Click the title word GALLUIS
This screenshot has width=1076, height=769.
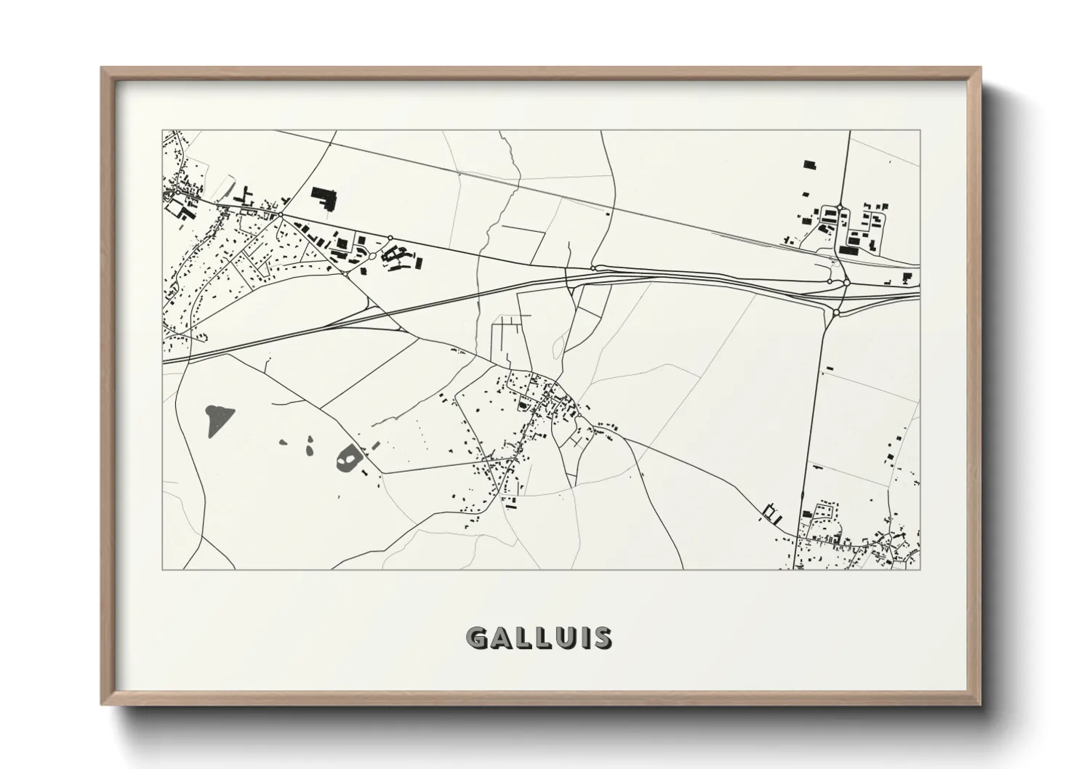[x=539, y=638]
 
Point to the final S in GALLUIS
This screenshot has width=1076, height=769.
[x=602, y=638]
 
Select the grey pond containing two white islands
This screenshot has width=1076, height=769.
[x=349, y=458]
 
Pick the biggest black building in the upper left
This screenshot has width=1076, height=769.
[x=324, y=198]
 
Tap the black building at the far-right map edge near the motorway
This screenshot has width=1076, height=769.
[x=907, y=277]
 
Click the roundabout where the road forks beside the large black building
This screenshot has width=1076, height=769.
[x=281, y=214]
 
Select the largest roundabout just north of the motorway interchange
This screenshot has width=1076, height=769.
[x=846, y=283]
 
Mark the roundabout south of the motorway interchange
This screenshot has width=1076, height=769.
[x=837, y=313]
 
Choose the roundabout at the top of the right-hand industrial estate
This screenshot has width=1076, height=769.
[x=839, y=207]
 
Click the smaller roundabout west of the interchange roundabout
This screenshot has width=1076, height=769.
[x=830, y=281]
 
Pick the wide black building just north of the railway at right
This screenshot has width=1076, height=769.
[x=848, y=250]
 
